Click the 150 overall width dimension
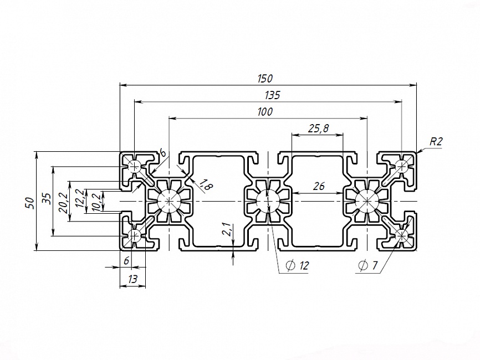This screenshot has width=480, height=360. coord(265,79)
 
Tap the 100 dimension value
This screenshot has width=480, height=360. coord(265,111)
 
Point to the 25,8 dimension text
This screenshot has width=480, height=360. coord(318,128)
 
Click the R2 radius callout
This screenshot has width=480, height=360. coord(436,141)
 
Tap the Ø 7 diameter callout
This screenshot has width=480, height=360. coord(368,266)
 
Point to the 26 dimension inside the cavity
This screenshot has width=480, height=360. coord(318,187)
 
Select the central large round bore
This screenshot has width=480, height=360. coord(268,200)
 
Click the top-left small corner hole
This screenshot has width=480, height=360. coord(135,164)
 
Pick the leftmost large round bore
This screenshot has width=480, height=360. coord(168,200)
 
